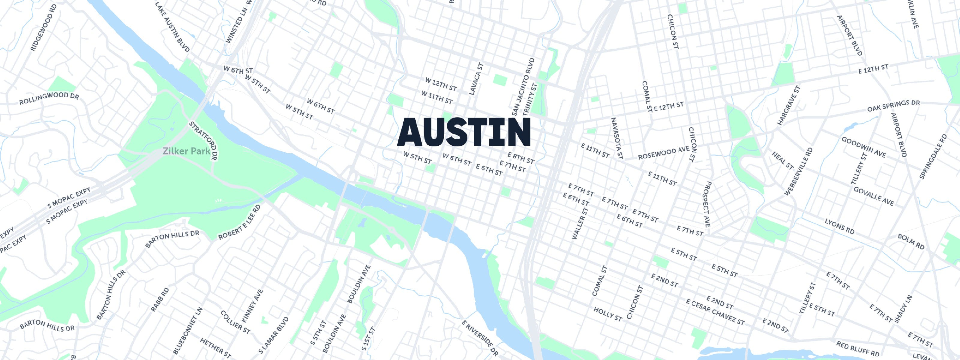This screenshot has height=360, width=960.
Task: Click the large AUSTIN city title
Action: tap(464, 132)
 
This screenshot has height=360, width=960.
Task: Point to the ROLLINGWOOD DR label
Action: tap(49, 99)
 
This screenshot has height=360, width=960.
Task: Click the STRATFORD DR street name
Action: tap(203, 141)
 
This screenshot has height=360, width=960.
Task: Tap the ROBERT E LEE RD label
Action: tap(239, 223)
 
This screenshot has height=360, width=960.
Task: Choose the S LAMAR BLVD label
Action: tap(274, 335)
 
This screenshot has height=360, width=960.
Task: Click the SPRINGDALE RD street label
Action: tap(932, 157)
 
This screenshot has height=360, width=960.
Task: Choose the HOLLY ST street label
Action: tap(607, 314)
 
